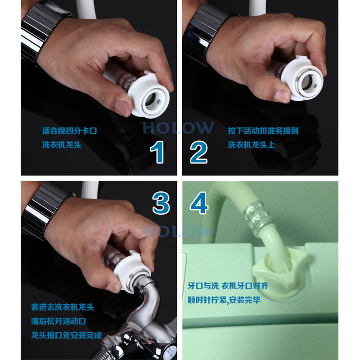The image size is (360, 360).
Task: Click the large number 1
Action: pos(157,152)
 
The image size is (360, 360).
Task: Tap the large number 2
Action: pos(198,152)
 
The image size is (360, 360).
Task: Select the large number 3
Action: pos(161,203)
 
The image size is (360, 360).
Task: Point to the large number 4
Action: pos(199,203)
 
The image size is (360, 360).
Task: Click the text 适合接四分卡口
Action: pos(70,131)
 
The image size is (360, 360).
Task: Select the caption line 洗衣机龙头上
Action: pos(252,145)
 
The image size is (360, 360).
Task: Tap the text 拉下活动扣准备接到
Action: pos(263,131)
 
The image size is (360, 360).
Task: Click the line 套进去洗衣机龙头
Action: pos(63,307)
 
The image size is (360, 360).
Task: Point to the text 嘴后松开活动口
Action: pos(58,321)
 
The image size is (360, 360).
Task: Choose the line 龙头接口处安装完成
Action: pos(67,335)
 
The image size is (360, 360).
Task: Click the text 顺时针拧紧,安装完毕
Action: pos(224,300)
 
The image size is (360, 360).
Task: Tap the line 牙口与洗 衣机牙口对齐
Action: pos(228,286)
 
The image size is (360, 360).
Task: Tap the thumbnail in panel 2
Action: pos(282,95)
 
